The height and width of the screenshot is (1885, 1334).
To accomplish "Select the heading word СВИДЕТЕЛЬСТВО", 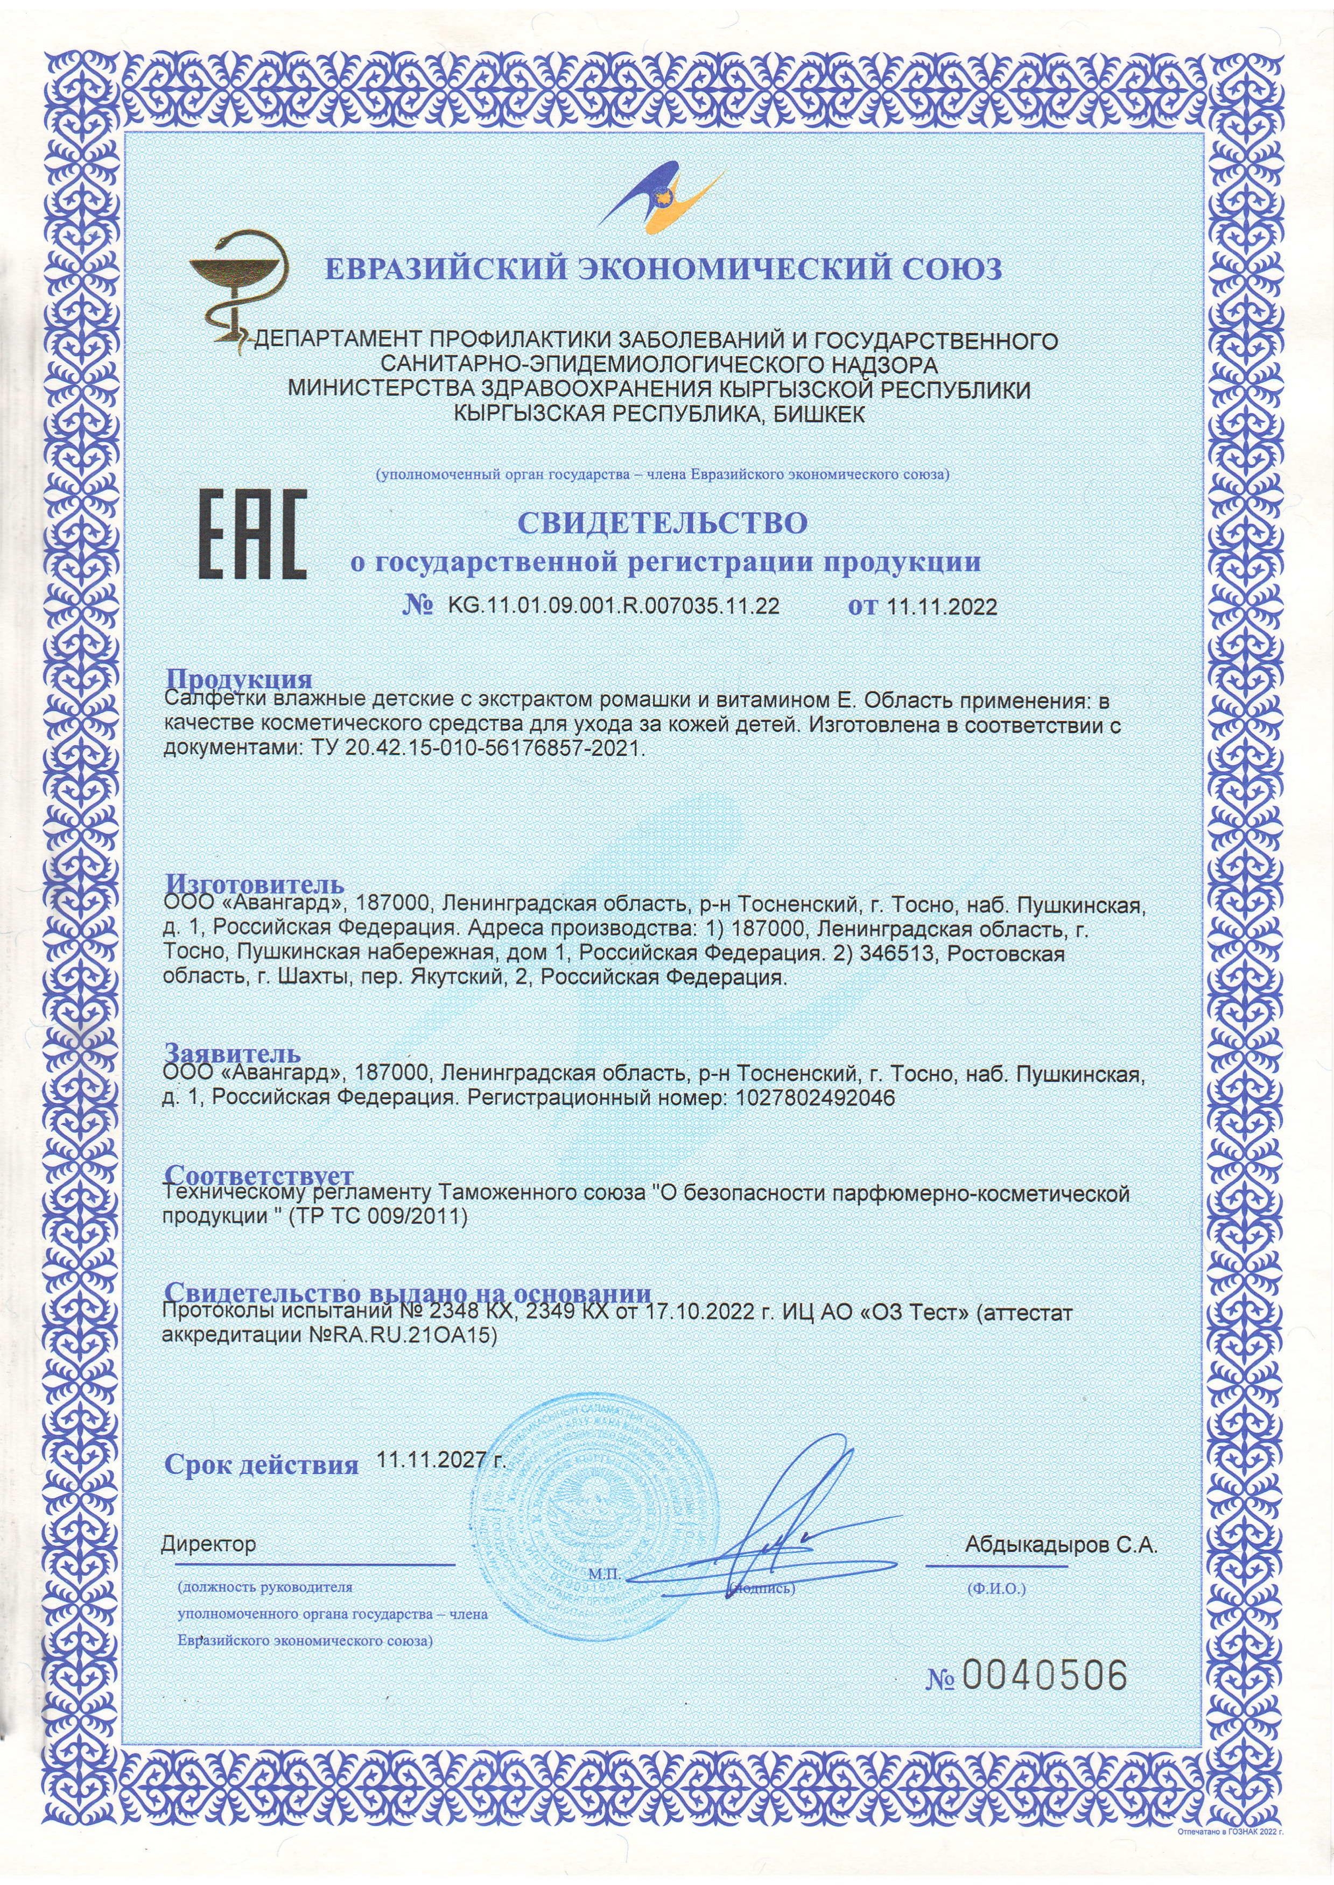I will [662, 523].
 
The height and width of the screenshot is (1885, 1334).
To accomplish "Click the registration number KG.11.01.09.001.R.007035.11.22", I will [613, 607].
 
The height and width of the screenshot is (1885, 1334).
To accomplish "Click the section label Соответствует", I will [259, 1175].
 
